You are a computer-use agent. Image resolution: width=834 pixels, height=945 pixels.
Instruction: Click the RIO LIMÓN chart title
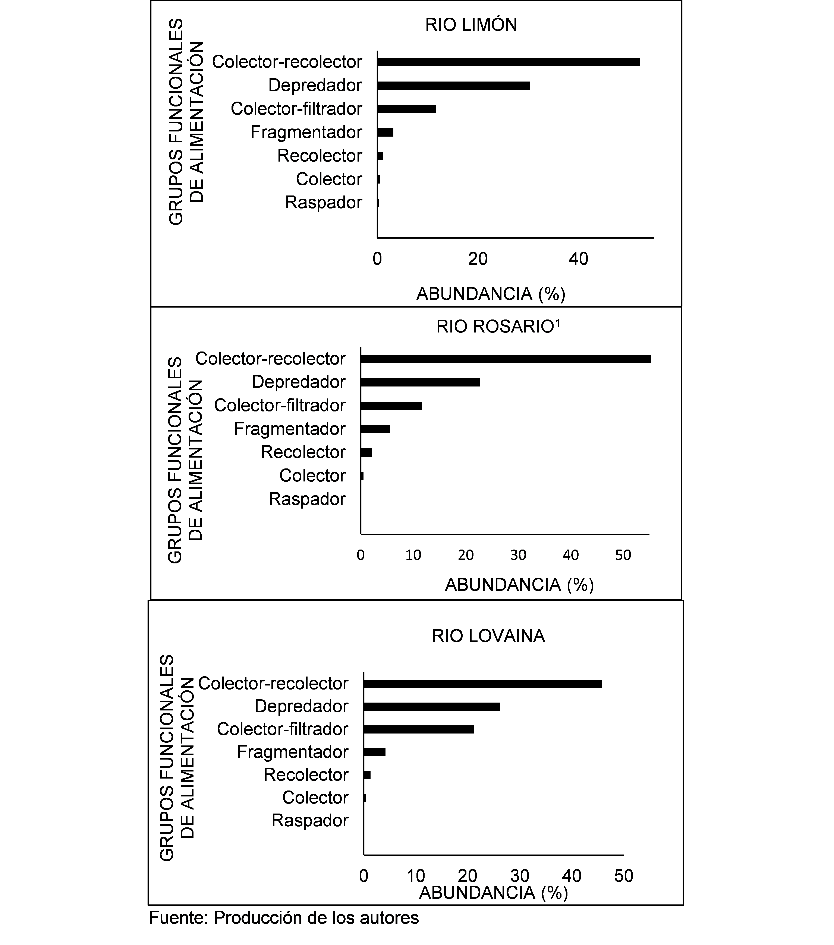coord(471,25)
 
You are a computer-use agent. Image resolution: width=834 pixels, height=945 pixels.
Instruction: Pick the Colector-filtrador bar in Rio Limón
coord(407,109)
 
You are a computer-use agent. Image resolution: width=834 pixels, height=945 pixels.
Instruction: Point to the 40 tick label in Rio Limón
coord(578,259)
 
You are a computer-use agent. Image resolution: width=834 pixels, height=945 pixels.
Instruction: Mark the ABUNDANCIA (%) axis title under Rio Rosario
coord(519,585)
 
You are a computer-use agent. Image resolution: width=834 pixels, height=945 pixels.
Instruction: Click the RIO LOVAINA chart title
coord(488,636)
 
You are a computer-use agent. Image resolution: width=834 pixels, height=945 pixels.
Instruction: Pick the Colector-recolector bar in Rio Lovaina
coord(482,684)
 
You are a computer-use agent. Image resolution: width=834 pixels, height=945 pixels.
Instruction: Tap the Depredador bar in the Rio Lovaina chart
coord(432,706)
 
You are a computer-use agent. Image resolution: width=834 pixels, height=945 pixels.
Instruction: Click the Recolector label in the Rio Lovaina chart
coord(306,775)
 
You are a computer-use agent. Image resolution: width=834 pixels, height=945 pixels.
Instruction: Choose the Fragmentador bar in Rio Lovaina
coord(374,752)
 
